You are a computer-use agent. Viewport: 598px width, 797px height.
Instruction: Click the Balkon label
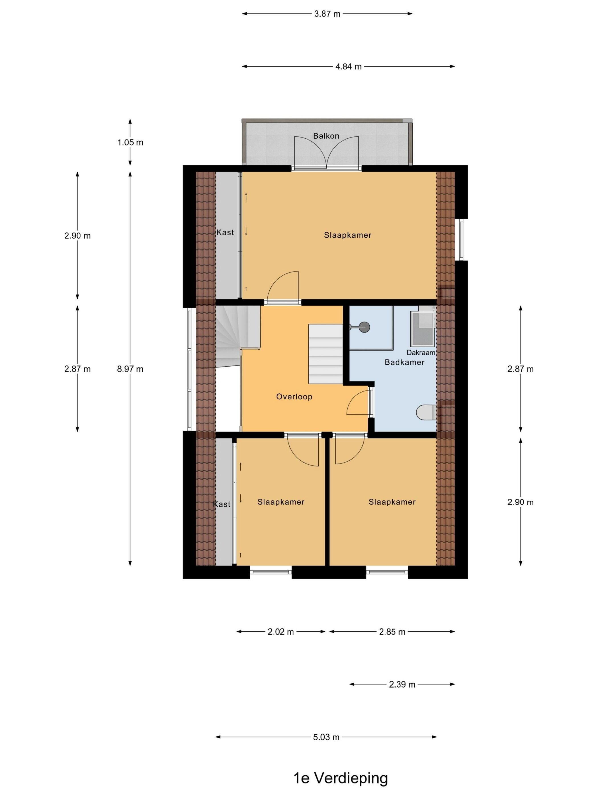(x=326, y=136)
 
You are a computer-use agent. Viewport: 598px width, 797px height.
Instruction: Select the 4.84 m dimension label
(x=348, y=66)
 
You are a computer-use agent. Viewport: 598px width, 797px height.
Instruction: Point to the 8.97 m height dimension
(x=130, y=369)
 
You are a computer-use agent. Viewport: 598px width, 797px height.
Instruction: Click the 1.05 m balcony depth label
(x=130, y=142)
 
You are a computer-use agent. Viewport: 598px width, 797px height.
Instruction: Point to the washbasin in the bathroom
(x=423, y=328)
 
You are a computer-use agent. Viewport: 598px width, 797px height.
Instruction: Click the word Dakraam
(x=421, y=352)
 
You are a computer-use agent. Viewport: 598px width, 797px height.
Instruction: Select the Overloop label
(x=294, y=397)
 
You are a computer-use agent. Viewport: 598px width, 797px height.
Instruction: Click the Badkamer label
(x=404, y=362)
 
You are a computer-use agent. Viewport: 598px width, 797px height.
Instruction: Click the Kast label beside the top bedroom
(x=225, y=232)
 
